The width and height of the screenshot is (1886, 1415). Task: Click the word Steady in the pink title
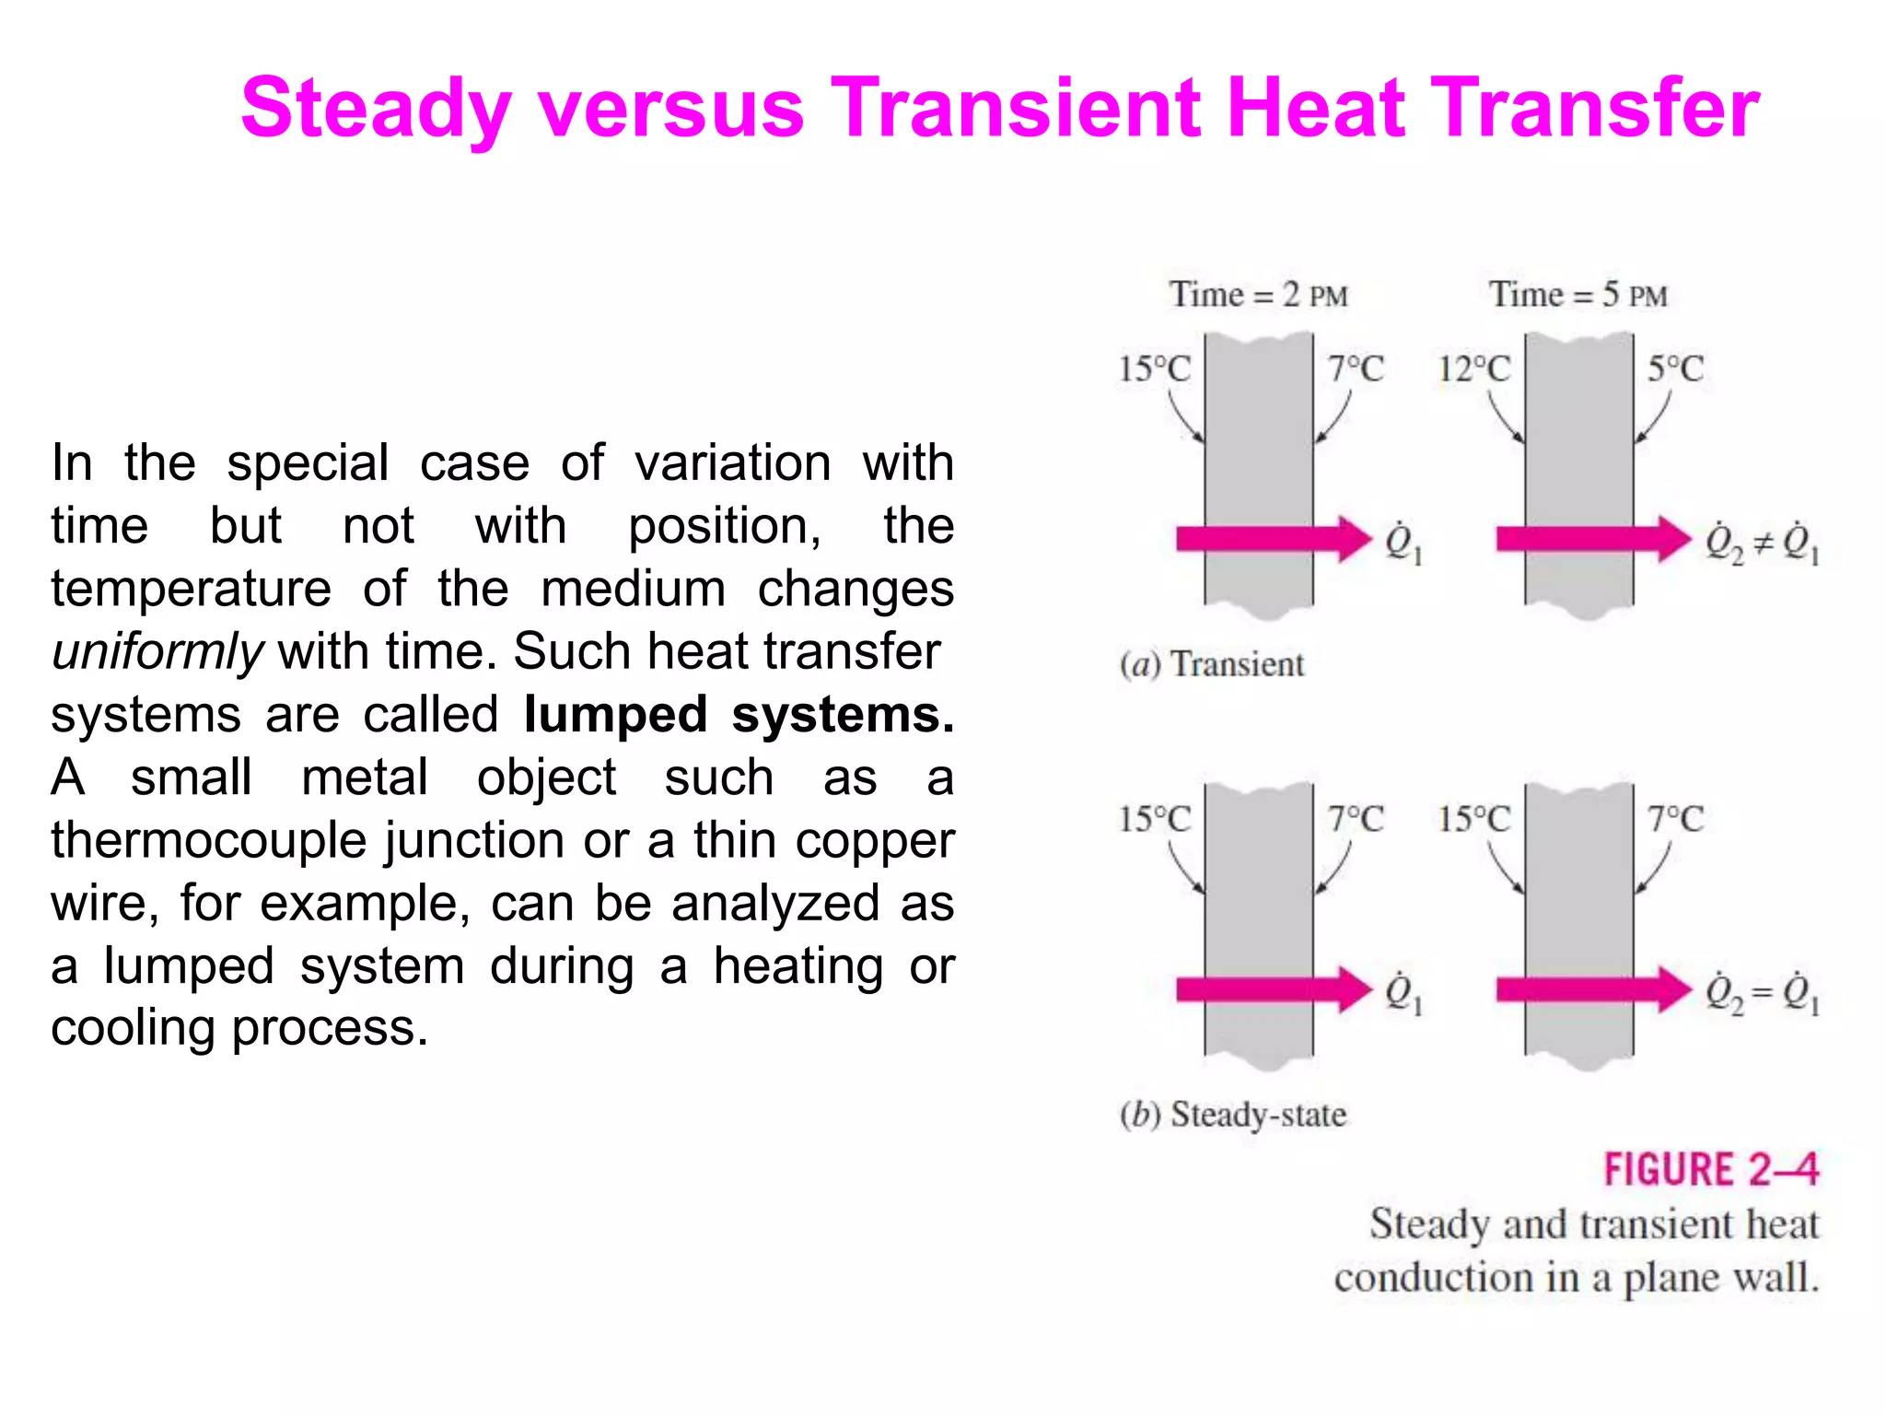click(x=375, y=110)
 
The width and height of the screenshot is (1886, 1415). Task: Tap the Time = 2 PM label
click(x=1258, y=295)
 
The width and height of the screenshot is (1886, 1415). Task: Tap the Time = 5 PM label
click(x=1577, y=295)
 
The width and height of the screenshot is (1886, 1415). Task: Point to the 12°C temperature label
click(x=1473, y=369)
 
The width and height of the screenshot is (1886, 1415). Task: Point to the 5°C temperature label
click(x=1674, y=369)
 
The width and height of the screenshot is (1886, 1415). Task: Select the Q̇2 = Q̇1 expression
click(x=1761, y=993)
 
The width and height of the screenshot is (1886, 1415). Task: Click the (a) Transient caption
click(x=1211, y=664)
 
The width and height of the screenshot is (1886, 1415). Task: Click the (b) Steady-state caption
click(x=1232, y=1115)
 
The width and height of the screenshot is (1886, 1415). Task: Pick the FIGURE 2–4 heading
click(x=1710, y=1170)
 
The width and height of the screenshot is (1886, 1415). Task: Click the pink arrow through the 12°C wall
click(x=1591, y=539)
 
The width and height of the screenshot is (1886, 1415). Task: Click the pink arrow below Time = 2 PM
click(x=1272, y=539)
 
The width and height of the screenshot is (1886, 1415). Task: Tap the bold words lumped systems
click(x=739, y=715)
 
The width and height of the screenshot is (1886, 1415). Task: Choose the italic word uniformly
click(x=157, y=651)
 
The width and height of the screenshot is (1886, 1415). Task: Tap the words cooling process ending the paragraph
click(x=239, y=1028)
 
